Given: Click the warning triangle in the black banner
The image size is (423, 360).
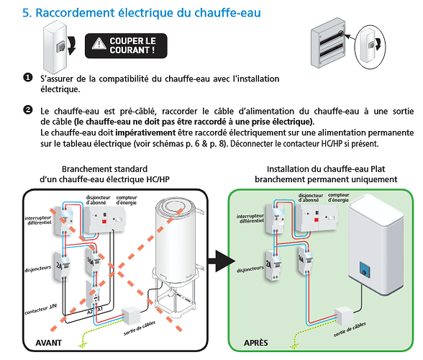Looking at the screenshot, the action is [x=99, y=44].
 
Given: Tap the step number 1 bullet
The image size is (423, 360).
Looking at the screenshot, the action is [x=28, y=78].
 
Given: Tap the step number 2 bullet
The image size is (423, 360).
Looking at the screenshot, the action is [x=28, y=110].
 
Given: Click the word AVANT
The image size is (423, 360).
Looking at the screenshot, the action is [x=49, y=343].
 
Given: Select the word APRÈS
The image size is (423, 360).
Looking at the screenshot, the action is [x=256, y=343].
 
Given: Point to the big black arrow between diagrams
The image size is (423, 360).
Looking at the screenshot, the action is [x=222, y=261].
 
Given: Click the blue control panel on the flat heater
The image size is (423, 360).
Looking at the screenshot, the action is [x=365, y=269].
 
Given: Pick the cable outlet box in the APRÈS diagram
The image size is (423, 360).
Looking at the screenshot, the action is [x=344, y=315].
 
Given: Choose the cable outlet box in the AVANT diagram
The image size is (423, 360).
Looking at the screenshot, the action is [x=132, y=315].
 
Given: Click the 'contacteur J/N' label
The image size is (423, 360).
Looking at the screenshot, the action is [x=40, y=309].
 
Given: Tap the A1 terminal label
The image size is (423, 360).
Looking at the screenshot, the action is [x=100, y=309].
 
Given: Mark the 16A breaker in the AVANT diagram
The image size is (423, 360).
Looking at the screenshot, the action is [x=94, y=261].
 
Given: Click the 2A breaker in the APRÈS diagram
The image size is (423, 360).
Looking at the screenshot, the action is [x=273, y=265].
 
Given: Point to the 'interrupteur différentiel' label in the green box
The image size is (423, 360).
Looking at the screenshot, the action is [x=250, y=218].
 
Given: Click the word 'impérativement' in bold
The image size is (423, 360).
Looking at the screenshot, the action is [x=145, y=133].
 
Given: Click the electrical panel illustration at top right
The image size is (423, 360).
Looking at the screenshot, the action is [x=328, y=42].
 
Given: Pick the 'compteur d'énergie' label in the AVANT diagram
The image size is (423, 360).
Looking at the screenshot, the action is [x=127, y=200].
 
